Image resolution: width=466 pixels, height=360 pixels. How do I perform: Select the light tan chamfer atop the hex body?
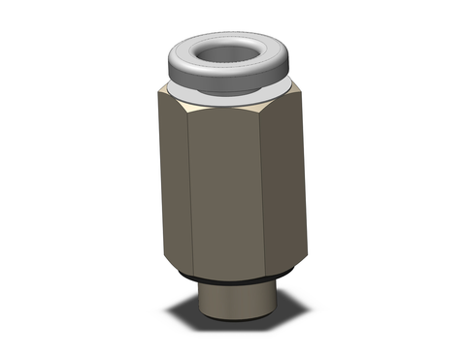pos(233,97)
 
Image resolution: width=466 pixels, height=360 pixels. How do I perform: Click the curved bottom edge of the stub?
pos(233,327)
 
